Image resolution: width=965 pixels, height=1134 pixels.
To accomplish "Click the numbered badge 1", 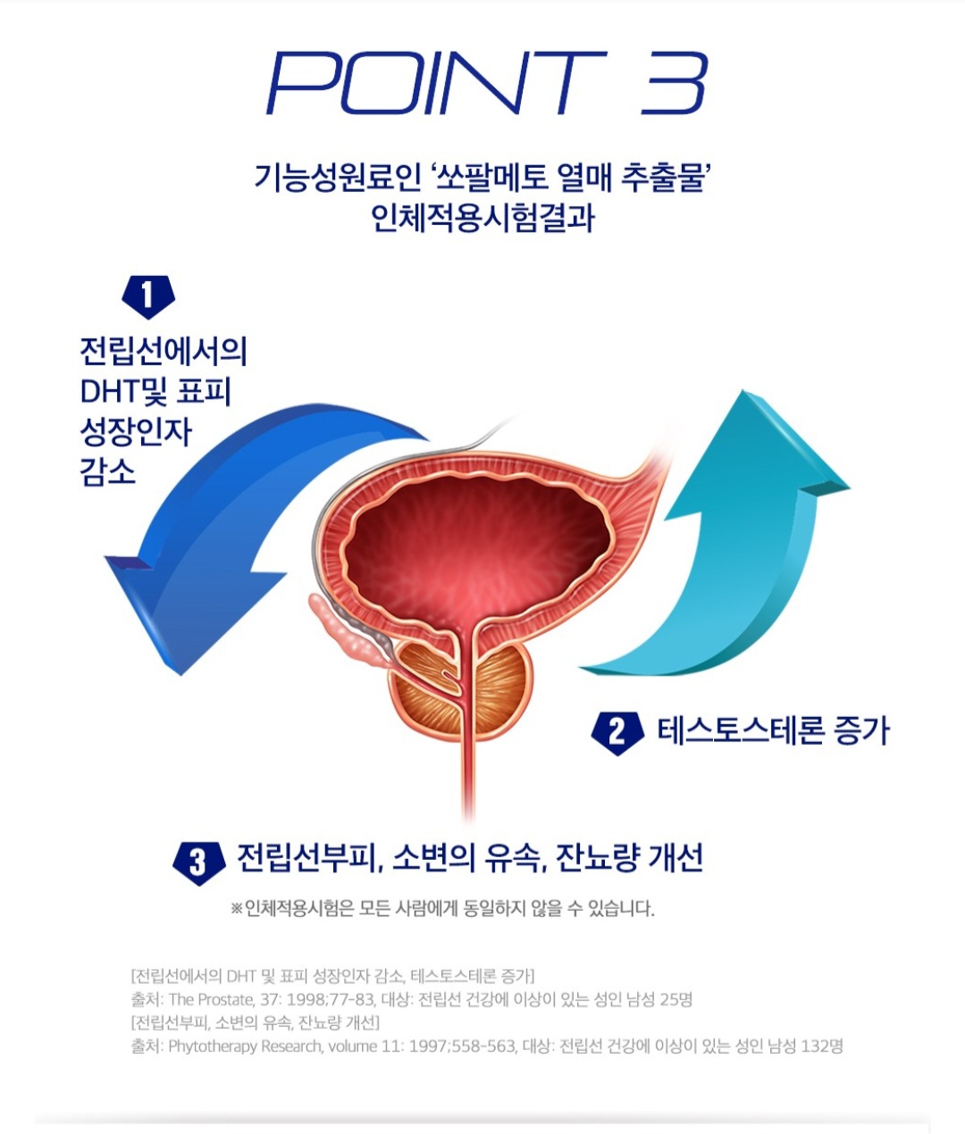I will [147, 296].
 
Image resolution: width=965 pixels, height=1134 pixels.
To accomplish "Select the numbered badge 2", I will [617, 732].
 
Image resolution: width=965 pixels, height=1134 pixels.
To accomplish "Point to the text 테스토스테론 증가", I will [774, 731].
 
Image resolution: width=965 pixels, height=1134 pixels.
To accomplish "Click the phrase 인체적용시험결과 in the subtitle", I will [482, 218].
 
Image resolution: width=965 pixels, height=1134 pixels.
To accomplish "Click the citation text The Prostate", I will [211, 999].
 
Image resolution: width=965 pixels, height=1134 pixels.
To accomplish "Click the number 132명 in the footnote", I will [822, 1046].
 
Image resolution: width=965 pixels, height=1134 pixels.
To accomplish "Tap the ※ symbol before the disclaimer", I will [237, 909].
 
